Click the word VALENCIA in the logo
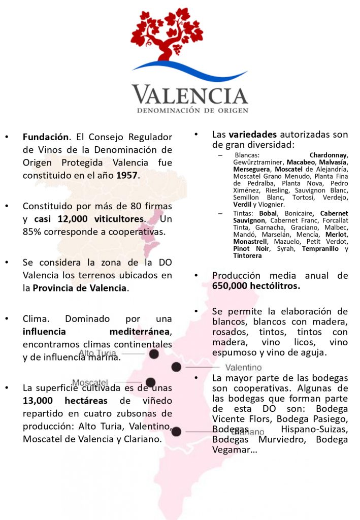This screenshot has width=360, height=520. click(x=190, y=95)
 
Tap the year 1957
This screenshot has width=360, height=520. click(x=126, y=175)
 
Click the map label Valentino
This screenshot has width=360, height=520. click(x=243, y=367)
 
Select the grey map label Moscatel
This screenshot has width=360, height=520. click(x=90, y=382)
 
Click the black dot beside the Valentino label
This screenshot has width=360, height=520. click(x=176, y=367)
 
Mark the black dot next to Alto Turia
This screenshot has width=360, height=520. click(x=154, y=354)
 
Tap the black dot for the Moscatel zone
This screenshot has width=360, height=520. click(x=150, y=382)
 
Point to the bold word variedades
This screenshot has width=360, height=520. click(x=252, y=135)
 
